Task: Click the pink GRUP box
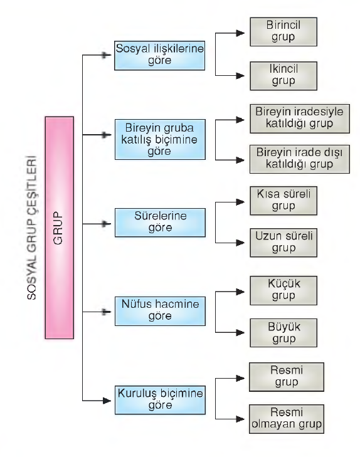click(x=60, y=228)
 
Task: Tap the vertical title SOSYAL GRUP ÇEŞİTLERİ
click(x=32, y=228)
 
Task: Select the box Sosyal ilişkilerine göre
click(x=159, y=55)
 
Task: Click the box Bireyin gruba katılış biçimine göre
click(x=160, y=139)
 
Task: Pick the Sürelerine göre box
click(x=160, y=223)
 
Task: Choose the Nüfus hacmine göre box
click(x=160, y=311)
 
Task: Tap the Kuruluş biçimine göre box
click(x=160, y=400)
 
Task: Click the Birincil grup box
click(x=283, y=31)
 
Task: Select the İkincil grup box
click(x=283, y=76)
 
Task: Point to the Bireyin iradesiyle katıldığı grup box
click(x=300, y=118)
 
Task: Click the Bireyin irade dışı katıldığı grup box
click(x=300, y=159)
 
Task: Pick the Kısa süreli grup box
click(x=283, y=201)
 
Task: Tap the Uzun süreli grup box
click(x=283, y=243)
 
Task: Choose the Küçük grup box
click(x=283, y=291)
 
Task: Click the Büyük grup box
click(x=283, y=332)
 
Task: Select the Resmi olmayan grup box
click(x=287, y=419)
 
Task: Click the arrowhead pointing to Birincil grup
click(x=240, y=33)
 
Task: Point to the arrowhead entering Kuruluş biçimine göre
click(x=107, y=401)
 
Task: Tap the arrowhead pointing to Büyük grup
click(x=240, y=332)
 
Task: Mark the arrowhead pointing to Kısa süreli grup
click(x=240, y=202)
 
